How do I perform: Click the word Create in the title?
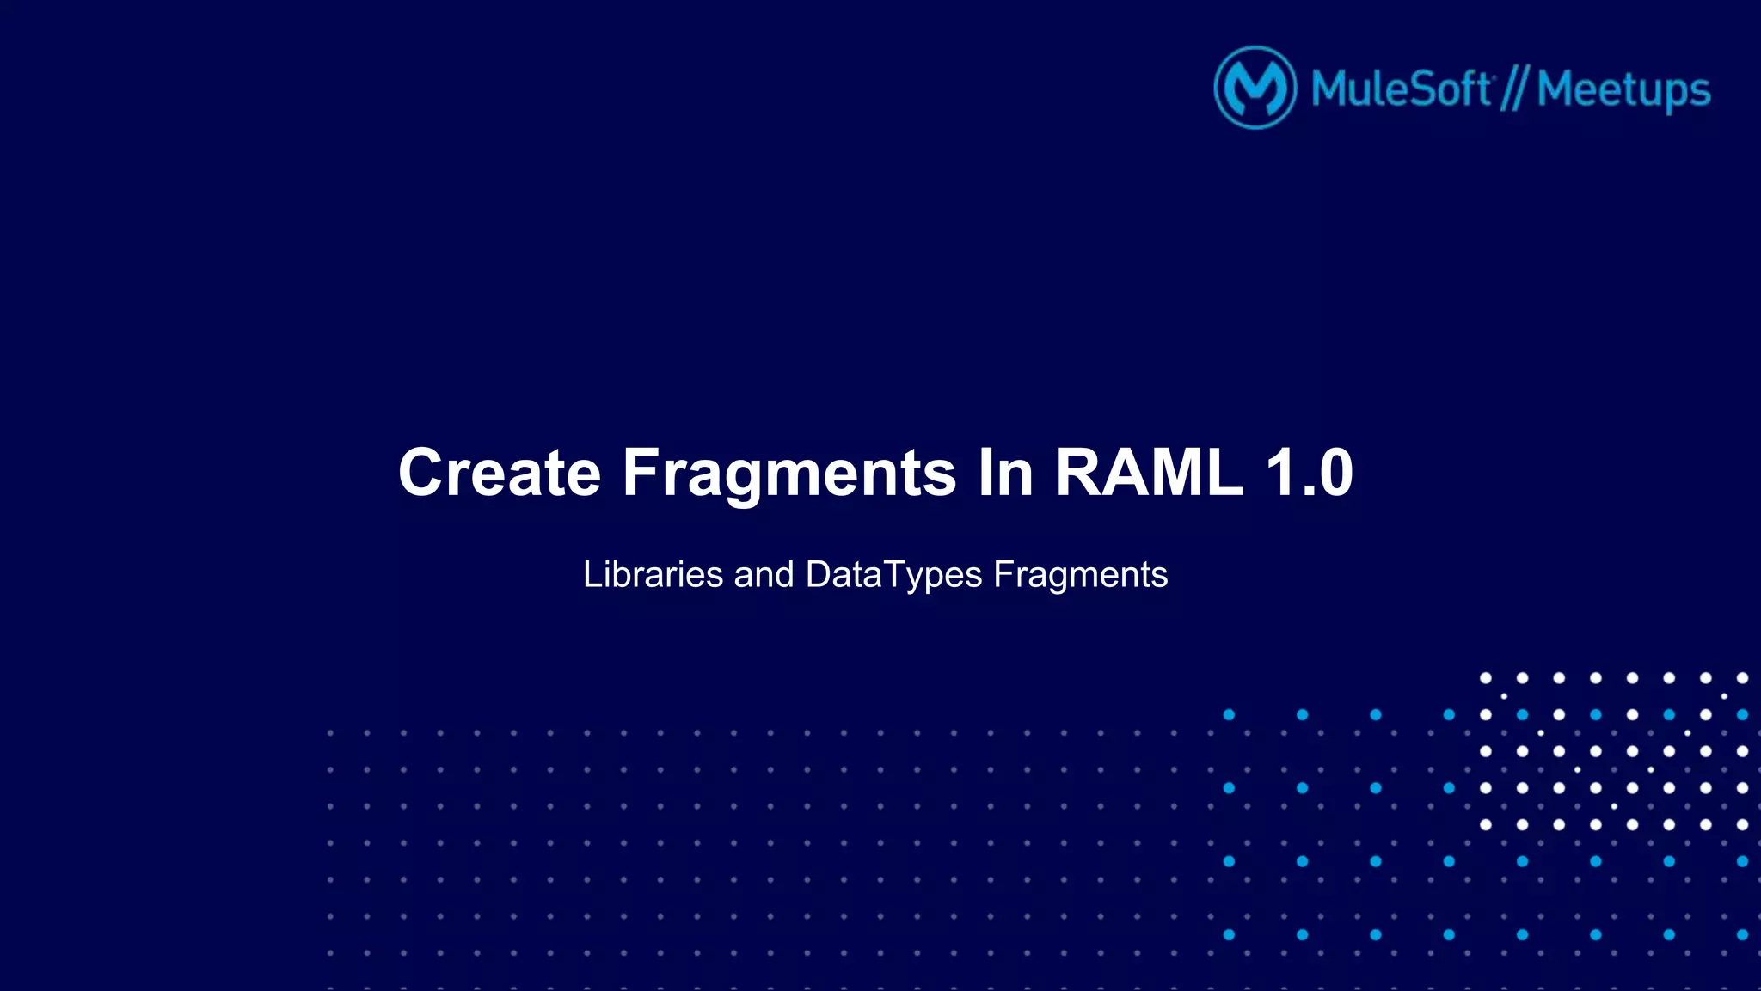pos(500,473)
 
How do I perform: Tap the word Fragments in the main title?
pos(788,473)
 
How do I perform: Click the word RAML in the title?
pos(1149,473)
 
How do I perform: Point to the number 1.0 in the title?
pos(1309,473)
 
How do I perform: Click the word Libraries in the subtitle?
pos(653,574)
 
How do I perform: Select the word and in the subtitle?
pos(764,574)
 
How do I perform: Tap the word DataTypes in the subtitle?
pos(893,574)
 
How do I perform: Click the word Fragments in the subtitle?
pos(1080,574)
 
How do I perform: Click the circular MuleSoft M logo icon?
pos(1255,88)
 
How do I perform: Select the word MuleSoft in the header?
pos(1401,89)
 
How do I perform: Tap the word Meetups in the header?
pos(1623,89)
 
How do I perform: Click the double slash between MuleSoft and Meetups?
pos(1513,89)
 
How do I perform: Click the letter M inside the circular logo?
pos(1255,89)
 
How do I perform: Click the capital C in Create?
pos(422,473)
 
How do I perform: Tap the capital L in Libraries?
pos(592,574)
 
